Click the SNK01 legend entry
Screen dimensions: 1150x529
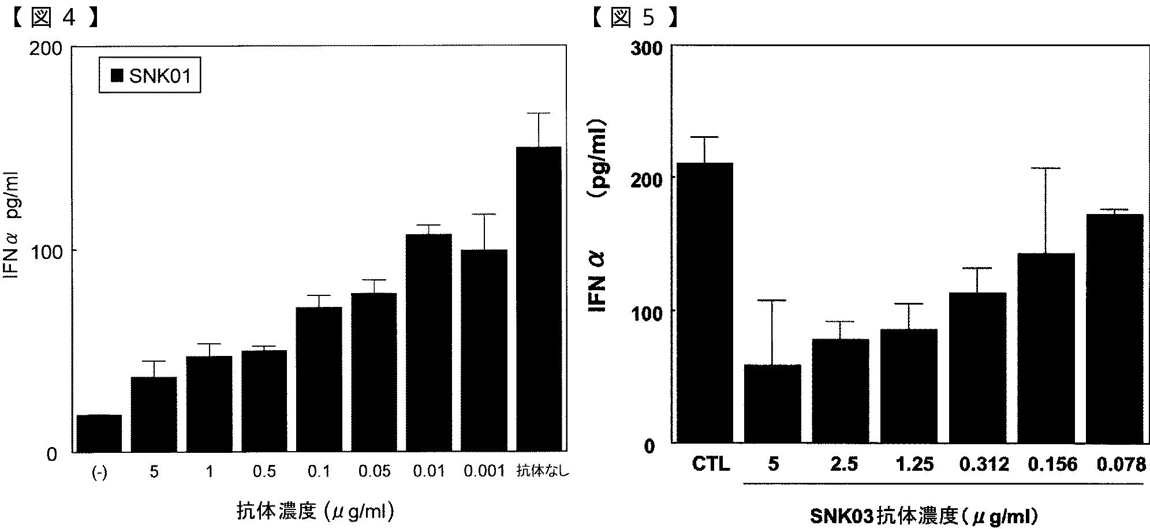coord(150,75)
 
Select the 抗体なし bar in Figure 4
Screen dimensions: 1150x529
coord(539,299)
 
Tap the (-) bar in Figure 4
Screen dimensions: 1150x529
coord(99,433)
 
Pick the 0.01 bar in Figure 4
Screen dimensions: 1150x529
coord(429,343)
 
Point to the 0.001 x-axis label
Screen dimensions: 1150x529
coord(484,471)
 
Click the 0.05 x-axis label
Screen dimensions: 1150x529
coord(374,471)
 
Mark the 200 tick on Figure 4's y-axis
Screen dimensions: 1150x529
coord(46,48)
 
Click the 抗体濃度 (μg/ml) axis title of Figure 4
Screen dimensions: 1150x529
coord(315,511)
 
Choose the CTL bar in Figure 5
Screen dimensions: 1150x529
coord(705,303)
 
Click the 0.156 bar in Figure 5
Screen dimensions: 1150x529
coord(1046,348)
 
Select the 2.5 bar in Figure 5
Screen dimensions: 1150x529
coord(841,391)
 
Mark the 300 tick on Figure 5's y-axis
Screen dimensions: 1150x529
coord(645,48)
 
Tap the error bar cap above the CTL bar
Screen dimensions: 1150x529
coord(705,137)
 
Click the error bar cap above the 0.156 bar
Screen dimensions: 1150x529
coord(1046,168)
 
